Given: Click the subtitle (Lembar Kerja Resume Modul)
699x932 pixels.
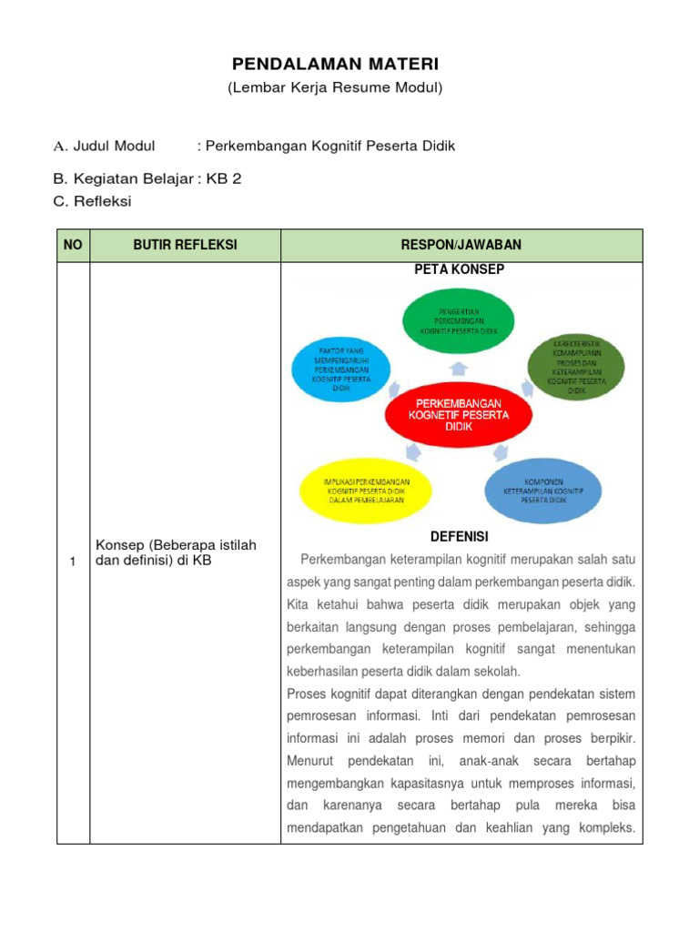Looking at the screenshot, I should click(335, 87).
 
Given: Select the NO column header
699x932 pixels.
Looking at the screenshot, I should click(73, 245).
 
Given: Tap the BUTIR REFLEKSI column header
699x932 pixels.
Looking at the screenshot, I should click(185, 245).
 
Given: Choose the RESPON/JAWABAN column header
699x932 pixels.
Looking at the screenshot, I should click(461, 245).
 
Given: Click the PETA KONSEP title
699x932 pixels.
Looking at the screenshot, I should click(459, 269).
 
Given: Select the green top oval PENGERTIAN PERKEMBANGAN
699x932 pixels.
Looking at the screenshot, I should click(459, 321).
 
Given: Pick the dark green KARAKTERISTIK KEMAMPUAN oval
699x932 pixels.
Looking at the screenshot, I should click(577, 366).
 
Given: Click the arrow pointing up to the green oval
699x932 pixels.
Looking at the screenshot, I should click(459, 367).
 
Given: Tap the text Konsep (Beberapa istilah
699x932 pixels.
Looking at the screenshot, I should click(176, 545).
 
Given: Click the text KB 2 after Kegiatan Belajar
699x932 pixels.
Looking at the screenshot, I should click(224, 178).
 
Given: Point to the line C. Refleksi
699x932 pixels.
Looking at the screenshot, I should click(93, 201).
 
